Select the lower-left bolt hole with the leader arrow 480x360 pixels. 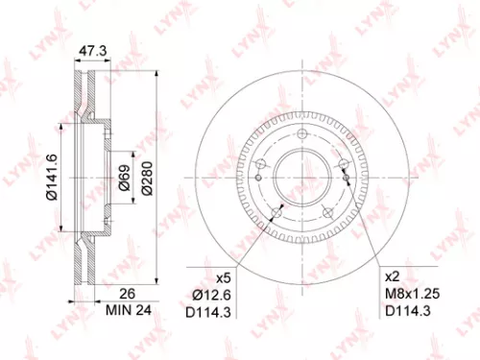276,212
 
